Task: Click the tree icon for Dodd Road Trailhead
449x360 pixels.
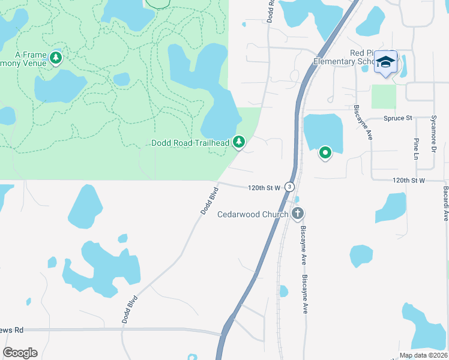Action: point(240,142)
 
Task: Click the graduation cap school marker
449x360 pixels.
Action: point(385,62)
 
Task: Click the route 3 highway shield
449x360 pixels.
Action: point(289,187)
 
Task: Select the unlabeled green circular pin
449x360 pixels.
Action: point(325,153)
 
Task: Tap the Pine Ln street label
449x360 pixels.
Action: point(415,153)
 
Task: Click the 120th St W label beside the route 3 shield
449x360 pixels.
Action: point(264,188)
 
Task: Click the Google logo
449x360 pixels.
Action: point(20,352)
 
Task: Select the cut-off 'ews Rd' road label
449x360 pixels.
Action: point(11,329)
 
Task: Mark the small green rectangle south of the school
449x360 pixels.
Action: point(384,97)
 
